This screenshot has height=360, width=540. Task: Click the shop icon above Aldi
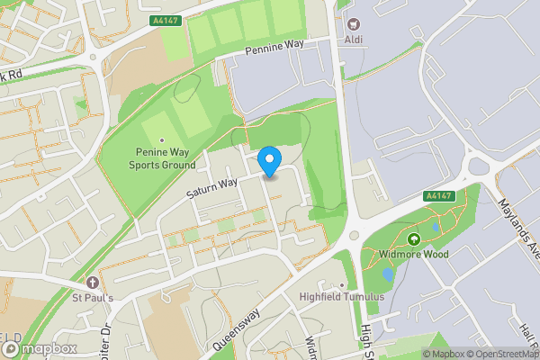click(x=352, y=24)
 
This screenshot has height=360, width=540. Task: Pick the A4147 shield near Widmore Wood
click(x=437, y=195)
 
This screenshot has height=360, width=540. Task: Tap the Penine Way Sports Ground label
click(x=162, y=159)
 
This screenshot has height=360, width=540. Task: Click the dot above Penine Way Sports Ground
click(x=162, y=140)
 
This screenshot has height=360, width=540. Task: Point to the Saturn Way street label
click(x=211, y=184)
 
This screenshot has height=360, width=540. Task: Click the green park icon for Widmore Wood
click(x=414, y=239)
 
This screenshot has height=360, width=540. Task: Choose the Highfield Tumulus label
click(x=342, y=297)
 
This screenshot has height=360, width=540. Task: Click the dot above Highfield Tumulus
click(x=342, y=286)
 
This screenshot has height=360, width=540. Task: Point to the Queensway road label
click(x=236, y=329)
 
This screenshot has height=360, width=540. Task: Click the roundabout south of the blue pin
click(x=353, y=235)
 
